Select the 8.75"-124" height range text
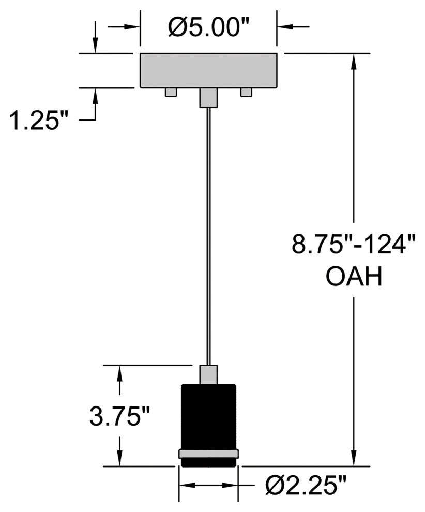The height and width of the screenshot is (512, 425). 354,244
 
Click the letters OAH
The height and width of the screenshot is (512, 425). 354,276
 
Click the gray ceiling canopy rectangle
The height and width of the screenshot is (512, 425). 208,70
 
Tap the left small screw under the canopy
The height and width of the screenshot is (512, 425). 171,92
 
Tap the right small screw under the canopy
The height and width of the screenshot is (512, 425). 246,92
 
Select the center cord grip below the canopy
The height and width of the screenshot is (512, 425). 208,97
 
